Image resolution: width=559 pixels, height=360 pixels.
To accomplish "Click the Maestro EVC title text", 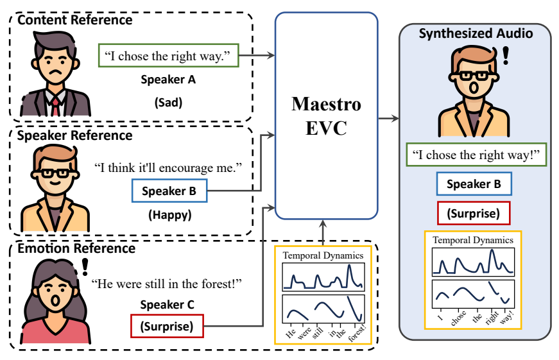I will point(326,116).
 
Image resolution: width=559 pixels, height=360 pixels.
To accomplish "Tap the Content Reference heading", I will point(74,20).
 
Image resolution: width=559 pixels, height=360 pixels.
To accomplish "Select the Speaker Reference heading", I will point(74,135).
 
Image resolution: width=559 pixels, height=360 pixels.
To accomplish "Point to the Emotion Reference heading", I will point(76,248).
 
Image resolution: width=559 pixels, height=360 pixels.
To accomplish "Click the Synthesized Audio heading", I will point(476,33).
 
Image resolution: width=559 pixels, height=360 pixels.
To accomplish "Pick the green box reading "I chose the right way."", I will point(168,56).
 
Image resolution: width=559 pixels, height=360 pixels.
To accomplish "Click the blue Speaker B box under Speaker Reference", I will point(169,191).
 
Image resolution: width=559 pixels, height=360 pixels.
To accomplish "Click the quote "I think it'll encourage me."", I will point(168,168).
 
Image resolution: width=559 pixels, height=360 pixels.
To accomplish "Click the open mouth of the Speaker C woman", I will point(56,299).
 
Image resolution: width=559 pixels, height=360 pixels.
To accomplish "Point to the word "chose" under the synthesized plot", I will point(458,319).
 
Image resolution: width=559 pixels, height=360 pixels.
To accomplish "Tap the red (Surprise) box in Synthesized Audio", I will point(476,212).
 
